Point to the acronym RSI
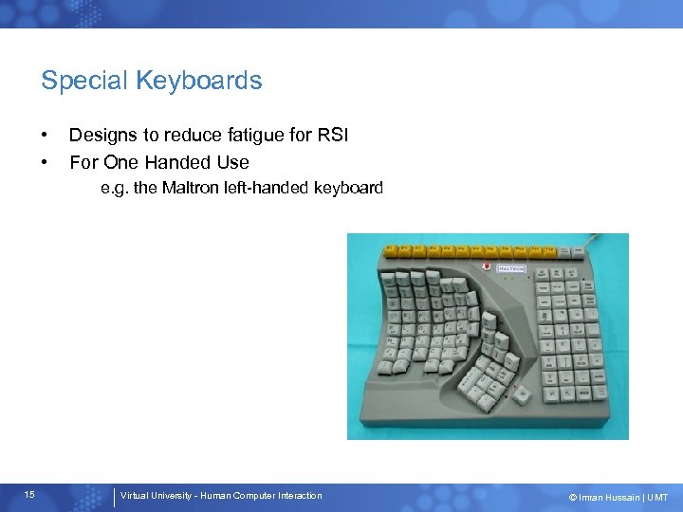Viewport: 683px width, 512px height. click(333, 136)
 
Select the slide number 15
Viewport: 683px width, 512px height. click(30, 495)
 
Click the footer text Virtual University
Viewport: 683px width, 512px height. click(157, 496)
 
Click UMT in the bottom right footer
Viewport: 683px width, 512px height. click(658, 497)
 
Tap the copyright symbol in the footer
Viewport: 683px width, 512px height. click(572, 497)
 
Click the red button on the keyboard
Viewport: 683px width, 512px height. click(488, 266)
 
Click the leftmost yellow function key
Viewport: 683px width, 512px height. click(390, 250)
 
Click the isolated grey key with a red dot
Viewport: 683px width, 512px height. click(521, 395)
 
